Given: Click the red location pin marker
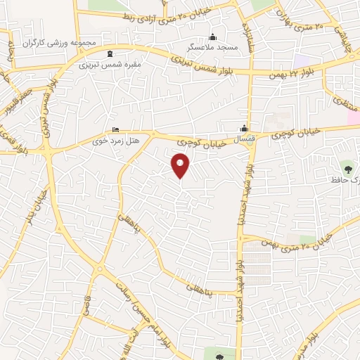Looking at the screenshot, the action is click(x=181, y=166).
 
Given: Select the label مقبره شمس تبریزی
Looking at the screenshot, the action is click(x=110, y=63).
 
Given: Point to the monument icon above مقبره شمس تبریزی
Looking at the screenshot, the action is click(x=109, y=53).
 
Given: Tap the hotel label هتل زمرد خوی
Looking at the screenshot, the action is click(x=116, y=141).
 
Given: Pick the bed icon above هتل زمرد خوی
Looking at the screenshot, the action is click(x=116, y=130).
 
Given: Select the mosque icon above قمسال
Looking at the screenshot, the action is click(x=244, y=129).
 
